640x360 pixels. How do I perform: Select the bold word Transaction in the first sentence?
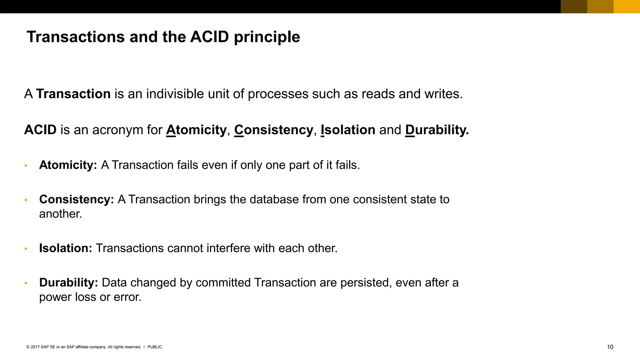tap(73, 94)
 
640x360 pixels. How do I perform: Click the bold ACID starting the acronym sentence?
tap(40, 130)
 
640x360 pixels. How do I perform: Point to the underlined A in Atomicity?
tap(171, 130)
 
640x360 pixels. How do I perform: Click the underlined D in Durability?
tap(410, 130)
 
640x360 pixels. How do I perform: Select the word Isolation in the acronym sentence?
tap(348, 130)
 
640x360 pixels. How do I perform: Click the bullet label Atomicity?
tap(68, 165)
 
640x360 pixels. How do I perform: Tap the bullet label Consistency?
tap(77, 199)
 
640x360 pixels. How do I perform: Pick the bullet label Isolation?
tap(66, 248)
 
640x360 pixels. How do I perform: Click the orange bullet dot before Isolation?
tap(26, 249)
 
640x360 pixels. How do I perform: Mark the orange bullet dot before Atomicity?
tap(26, 166)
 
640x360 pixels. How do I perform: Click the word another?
tap(60, 214)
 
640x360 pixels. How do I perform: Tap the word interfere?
tap(228, 248)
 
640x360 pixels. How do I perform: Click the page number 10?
tap(610, 347)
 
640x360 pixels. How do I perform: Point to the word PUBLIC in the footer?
tap(155, 347)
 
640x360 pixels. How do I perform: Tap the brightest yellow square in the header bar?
tap(627, 7)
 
